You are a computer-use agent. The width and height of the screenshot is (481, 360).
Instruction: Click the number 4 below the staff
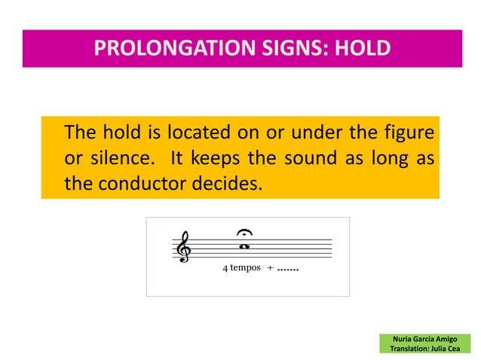pos(224,268)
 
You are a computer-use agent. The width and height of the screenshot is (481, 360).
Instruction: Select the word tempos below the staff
pos(244,268)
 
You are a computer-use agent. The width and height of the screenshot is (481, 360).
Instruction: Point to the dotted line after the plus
pos(287,269)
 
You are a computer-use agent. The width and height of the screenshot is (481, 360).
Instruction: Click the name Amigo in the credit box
pos(443,340)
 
